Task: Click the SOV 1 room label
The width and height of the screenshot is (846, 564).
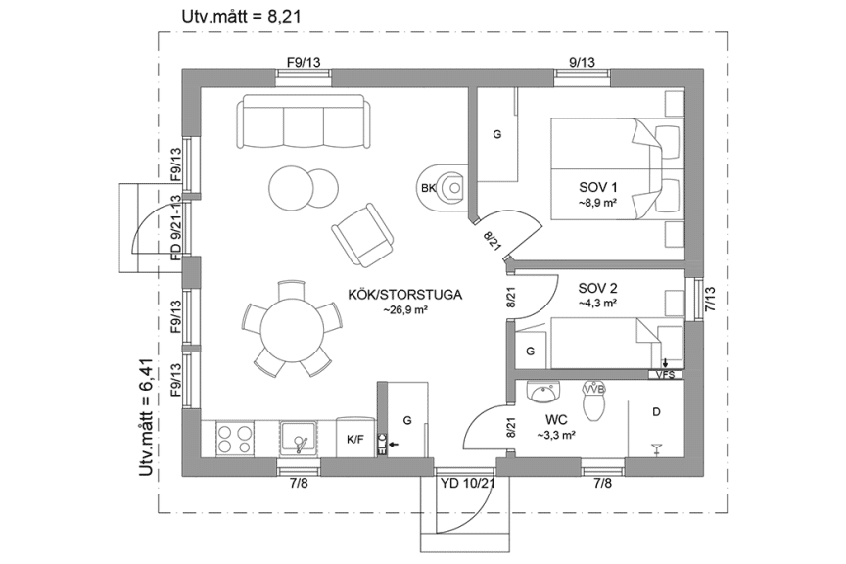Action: pyautogui.click(x=598, y=187)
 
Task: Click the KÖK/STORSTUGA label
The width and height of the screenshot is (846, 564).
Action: pyautogui.click(x=404, y=293)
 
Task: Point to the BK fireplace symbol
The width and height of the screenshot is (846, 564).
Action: pyautogui.click(x=428, y=188)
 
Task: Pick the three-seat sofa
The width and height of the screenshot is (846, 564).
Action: pyautogui.click(x=304, y=121)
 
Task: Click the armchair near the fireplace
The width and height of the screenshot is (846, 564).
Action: pyautogui.click(x=362, y=231)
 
